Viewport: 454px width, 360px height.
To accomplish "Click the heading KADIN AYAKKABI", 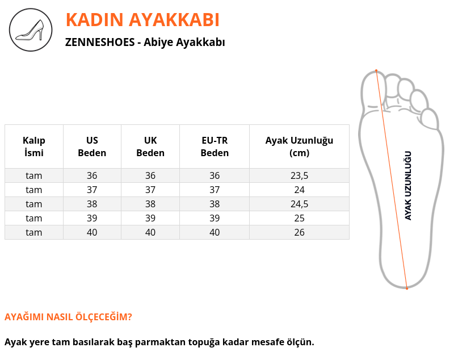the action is pyautogui.click(x=142, y=20).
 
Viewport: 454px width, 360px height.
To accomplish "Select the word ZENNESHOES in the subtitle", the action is pyautogui.click(x=100, y=42).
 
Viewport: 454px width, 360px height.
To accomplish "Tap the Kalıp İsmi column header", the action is pyautogui.click(x=34, y=146).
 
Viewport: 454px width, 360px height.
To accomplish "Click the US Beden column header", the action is pyautogui.click(x=92, y=146).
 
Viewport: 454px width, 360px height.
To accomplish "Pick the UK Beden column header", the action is pyautogui.click(x=150, y=146).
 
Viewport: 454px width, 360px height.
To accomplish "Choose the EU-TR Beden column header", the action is pyautogui.click(x=215, y=146).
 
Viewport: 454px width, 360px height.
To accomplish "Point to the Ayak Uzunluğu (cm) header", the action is pyautogui.click(x=300, y=146).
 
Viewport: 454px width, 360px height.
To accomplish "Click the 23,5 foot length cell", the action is pyautogui.click(x=300, y=175).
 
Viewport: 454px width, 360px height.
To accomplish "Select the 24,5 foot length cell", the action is pyautogui.click(x=300, y=204).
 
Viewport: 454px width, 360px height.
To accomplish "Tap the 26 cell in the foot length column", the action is pyautogui.click(x=300, y=232).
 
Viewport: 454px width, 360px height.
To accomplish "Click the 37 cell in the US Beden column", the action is pyautogui.click(x=92, y=190).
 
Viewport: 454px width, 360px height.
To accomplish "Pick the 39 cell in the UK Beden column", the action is pyautogui.click(x=150, y=218).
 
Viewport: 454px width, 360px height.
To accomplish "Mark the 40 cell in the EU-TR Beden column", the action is pyautogui.click(x=215, y=232).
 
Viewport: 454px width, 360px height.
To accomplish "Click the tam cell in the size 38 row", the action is pyautogui.click(x=34, y=204).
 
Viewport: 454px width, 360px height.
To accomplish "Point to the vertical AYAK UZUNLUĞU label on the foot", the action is pyautogui.click(x=407, y=186).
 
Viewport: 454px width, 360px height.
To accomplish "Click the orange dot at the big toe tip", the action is pyautogui.click(x=376, y=70).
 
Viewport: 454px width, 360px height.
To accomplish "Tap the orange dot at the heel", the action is pyautogui.click(x=407, y=288).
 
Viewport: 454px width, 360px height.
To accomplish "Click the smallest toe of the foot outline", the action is pyautogui.click(x=430, y=119).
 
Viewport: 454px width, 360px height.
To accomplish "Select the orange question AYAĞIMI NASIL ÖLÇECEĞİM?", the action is pyautogui.click(x=68, y=317).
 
